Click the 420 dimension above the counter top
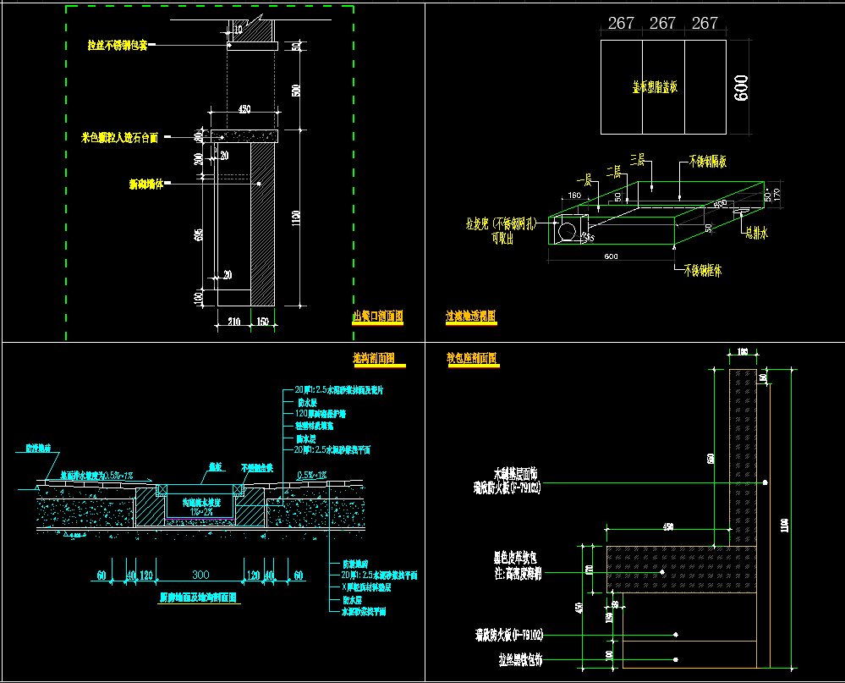click(244, 109)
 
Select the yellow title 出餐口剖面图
click(377, 317)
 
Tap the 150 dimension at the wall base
click(263, 322)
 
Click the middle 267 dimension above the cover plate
click(662, 24)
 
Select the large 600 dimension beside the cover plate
click(742, 87)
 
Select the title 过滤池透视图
click(471, 317)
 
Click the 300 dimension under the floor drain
click(200, 576)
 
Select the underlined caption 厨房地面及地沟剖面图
click(199, 597)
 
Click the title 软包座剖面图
click(472, 358)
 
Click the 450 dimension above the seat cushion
click(668, 527)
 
